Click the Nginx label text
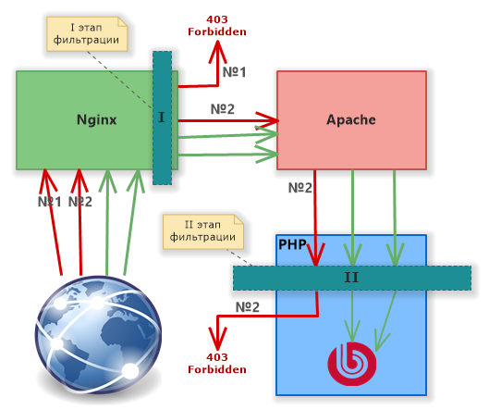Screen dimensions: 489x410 [x=97, y=120]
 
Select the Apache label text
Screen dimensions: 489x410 [x=351, y=120]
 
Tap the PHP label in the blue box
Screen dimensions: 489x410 [x=292, y=244]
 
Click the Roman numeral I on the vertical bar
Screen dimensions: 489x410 [x=162, y=118]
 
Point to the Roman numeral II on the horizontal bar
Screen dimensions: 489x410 [x=351, y=278]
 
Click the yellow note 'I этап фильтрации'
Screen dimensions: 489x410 [x=87, y=33]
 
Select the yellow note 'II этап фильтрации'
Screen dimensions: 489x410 [x=203, y=231]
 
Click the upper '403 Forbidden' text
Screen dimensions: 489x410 [x=217, y=26]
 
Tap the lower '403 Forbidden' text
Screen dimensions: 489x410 [x=217, y=364]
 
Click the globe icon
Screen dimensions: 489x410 [x=98, y=336]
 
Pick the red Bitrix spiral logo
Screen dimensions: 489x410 [x=352, y=364]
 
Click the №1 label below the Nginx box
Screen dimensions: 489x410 [x=49, y=202]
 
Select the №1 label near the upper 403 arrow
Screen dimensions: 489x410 [x=234, y=72]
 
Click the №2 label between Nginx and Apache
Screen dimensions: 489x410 [x=223, y=109]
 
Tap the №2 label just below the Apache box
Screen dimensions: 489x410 [x=300, y=188]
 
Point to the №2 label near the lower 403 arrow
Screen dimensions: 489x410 [x=248, y=307]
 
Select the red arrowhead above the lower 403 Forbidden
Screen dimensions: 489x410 [x=217, y=338]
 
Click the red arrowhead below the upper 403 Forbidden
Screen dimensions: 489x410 [x=217, y=52]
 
